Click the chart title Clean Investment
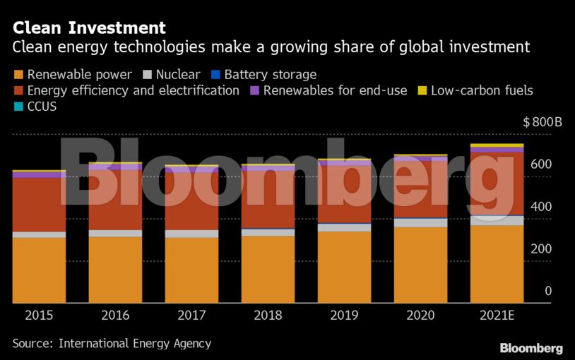[x=89, y=28]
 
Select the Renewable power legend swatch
[x=18, y=75]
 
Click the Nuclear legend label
[x=178, y=75]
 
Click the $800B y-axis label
[x=543, y=122]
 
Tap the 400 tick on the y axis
[x=543, y=207]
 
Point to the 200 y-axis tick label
[x=543, y=249]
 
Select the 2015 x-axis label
[x=39, y=316]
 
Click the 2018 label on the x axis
[x=268, y=316]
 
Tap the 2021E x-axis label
[x=497, y=316]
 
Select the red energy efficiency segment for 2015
[x=39, y=205]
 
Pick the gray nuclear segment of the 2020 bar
[x=420, y=222]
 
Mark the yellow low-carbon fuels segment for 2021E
[x=497, y=145]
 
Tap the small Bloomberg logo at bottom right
[x=531, y=349]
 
